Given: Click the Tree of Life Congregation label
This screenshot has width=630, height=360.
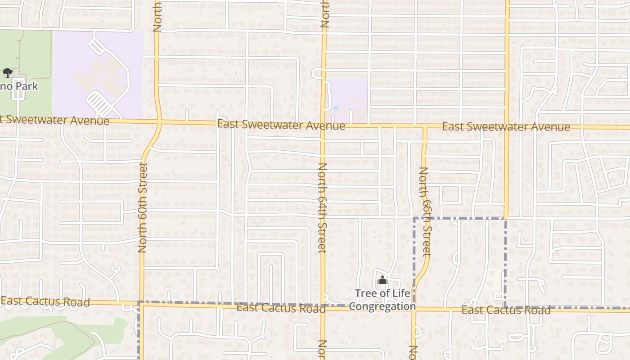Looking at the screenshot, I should coord(382,300).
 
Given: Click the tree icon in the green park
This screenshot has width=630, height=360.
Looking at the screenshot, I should coord(7,72).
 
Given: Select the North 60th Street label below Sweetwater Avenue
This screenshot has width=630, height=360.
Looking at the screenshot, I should coord(143,207).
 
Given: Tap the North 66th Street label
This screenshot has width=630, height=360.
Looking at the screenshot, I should coord(425,211).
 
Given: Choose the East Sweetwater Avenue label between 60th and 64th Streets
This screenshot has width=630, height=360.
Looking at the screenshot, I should coord(281,125).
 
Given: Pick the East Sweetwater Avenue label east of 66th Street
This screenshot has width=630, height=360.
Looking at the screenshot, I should coord(506,127).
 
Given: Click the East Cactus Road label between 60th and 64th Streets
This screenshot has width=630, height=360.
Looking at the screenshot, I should coord(281,308).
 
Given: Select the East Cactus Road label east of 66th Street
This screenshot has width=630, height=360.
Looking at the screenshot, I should coord(506,310).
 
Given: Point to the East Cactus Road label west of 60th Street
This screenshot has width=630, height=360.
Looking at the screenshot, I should coord(45,301).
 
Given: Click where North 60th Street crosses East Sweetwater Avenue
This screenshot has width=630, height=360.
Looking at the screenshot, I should coord(159,121).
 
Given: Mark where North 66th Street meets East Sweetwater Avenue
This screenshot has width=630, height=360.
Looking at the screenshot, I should coord(424,127).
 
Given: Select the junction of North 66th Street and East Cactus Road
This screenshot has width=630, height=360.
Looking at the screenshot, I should coord(414,309).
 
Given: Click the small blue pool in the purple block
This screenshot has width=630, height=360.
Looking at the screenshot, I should coord(336,108).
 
